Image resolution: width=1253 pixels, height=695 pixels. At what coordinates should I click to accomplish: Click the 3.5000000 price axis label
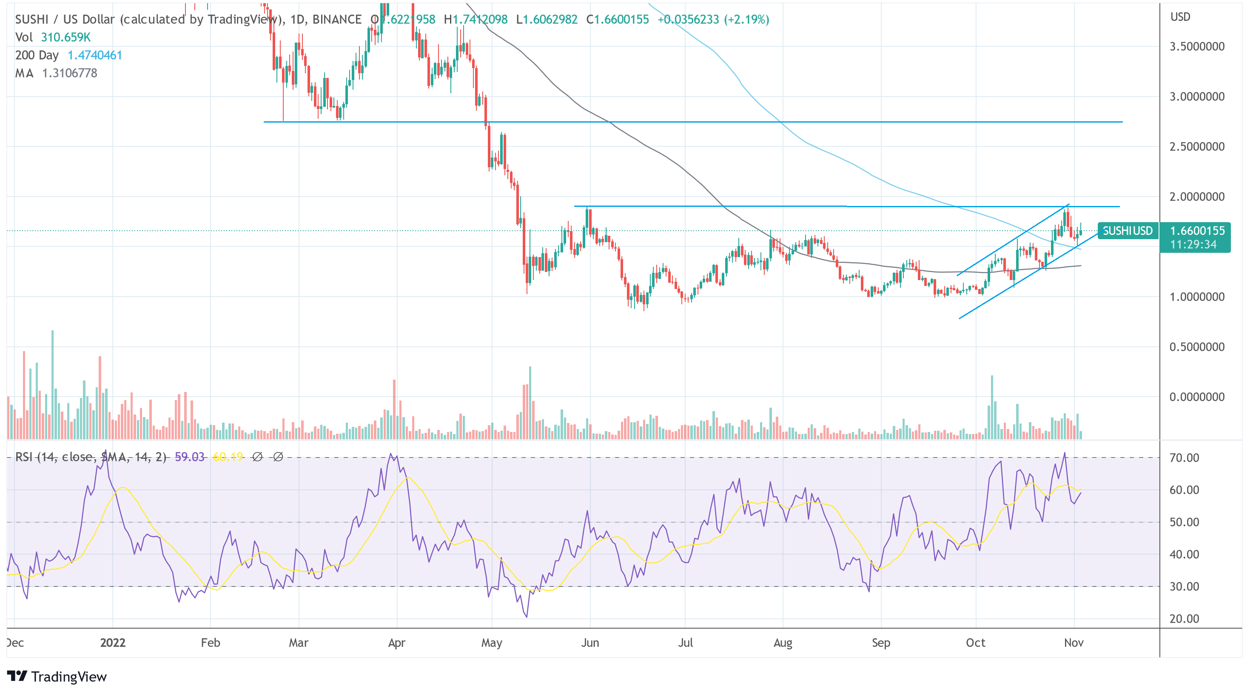point(1196,47)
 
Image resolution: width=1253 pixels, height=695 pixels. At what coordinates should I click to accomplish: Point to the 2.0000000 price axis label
point(1196,197)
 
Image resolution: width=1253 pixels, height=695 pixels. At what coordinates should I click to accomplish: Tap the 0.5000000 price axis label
point(1196,347)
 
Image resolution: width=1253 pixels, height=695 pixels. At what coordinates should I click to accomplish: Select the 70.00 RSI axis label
point(1184,458)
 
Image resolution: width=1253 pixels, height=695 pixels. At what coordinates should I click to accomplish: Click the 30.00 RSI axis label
point(1184,586)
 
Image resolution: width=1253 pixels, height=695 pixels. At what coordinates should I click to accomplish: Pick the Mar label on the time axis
point(298,643)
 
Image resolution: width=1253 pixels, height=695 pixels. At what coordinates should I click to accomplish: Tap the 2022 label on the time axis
point(113,643)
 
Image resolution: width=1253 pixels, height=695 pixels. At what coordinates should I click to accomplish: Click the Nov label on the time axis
point(1074,643)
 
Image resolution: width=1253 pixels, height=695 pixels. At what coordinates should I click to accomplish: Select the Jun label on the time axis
point(590,643)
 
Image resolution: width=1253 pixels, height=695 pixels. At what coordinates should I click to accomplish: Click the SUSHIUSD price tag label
point(1128,231)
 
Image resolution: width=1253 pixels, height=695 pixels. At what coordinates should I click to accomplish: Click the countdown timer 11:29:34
point(1193,244)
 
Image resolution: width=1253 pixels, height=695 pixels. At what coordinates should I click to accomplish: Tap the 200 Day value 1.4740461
point(95,55)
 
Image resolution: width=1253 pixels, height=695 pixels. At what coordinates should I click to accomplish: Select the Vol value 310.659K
point(65,37)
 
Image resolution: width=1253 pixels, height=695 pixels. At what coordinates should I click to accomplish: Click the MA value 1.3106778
point(70,74)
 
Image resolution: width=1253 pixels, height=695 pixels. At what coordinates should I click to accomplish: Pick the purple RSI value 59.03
point(190,457)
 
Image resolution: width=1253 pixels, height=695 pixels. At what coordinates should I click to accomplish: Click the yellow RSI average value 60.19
point(228,457)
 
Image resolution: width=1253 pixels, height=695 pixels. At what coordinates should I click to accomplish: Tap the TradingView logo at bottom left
point(57,677)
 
